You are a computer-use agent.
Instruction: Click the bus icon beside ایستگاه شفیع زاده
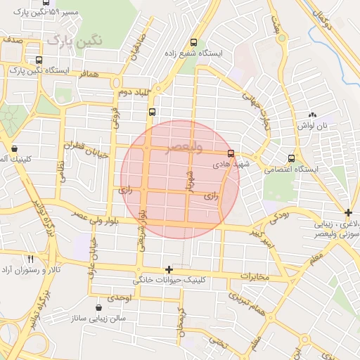[194, 43]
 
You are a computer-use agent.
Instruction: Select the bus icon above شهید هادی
[231, 153]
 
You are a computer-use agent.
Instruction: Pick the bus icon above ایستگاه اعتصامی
[291, 158]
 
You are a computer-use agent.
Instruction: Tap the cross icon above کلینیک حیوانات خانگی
[168, 269]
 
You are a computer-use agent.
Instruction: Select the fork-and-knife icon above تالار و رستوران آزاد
[30, 259]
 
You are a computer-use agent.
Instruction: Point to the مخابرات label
[255, 276]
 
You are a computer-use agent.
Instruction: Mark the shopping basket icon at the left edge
[15, 148]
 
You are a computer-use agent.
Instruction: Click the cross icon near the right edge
[349, 212]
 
